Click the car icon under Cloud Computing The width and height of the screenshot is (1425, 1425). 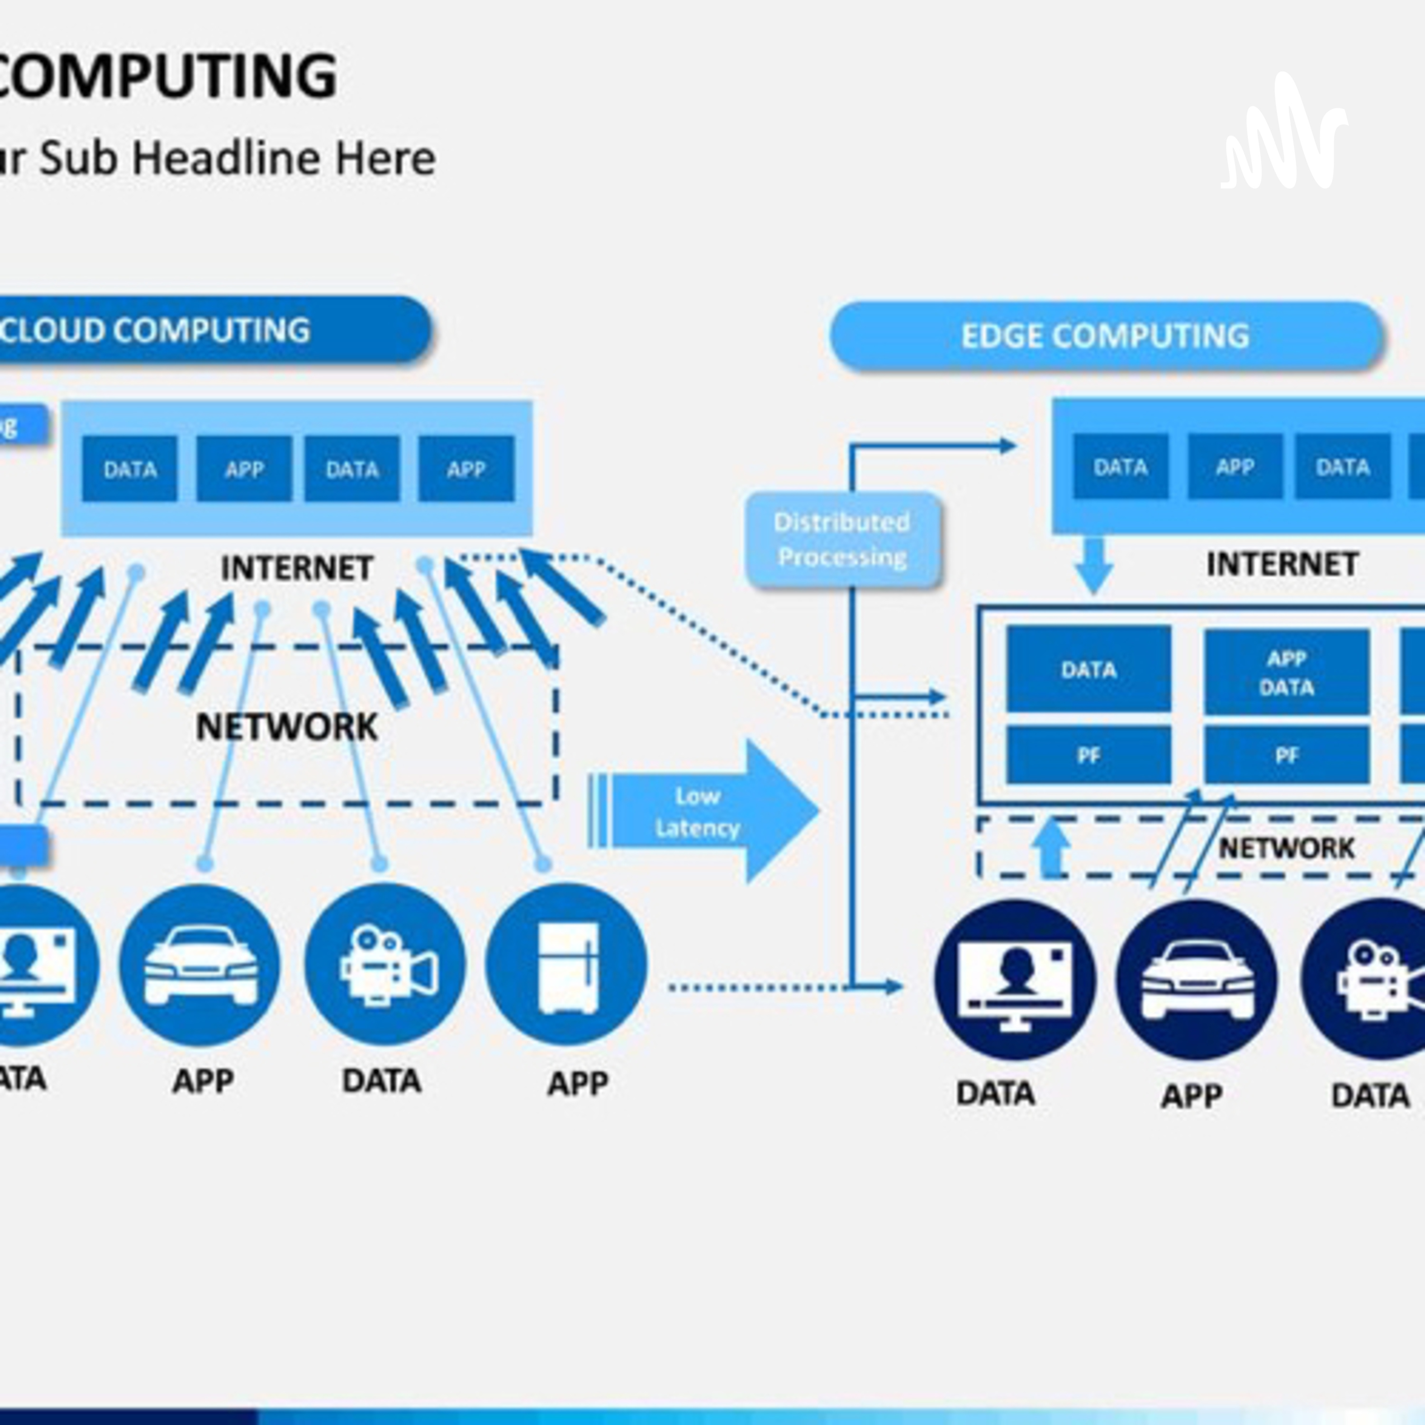[x=200, y=965]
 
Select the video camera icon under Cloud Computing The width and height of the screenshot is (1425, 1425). [x=385, y=965]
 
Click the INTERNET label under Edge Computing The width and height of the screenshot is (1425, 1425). [x=1282, y=565]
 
